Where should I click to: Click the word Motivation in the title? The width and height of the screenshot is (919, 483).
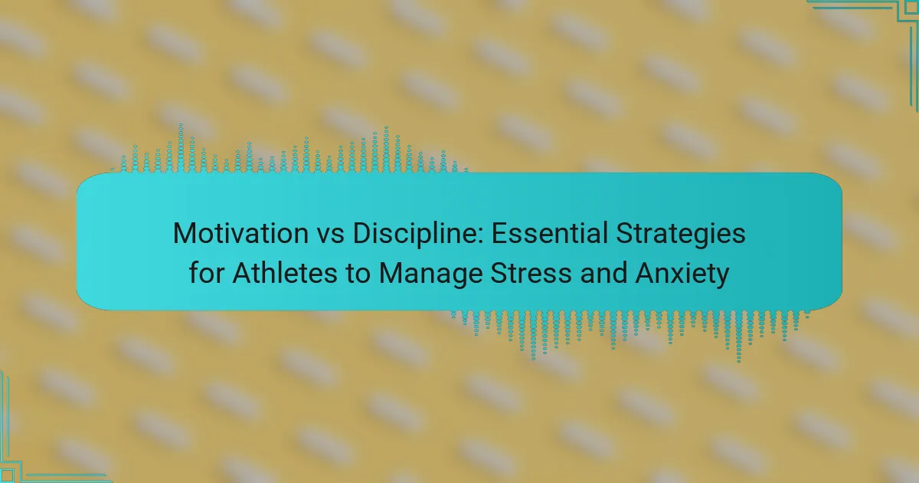pyautogui.click(x=240, y=233)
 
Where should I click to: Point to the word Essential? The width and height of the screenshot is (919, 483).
pyautogui.click(x=550, y=233)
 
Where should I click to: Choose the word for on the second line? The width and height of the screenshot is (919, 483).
pyautogui.click(x=206, y=273)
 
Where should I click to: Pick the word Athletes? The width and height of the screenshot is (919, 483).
pyautogui.click(x=285, y=273)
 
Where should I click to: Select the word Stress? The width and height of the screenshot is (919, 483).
pyautogui.click(x=531, y=273)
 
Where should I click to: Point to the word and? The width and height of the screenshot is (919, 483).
pyautogui.click(x=603, y=273)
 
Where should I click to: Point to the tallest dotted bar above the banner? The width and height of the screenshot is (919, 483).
pyautogui.click(x=181, y=148)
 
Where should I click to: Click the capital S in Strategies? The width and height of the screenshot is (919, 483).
pyautogui.click(x=624, y=233)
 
